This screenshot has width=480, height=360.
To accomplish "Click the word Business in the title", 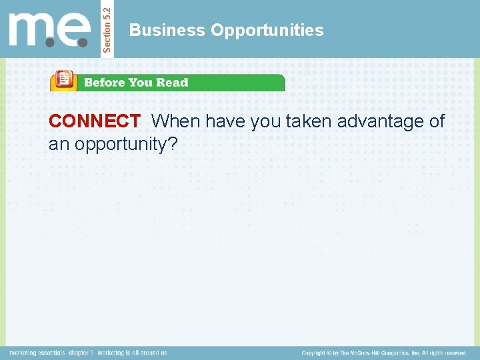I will click(167, 31).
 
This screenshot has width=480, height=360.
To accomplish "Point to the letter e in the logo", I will click(75, 31).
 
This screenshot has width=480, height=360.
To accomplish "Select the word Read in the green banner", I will click(173, 83).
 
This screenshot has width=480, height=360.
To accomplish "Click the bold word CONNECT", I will click(94, 121).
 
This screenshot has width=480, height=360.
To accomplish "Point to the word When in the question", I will click(177, 121).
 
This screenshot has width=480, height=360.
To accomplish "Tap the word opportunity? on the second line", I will click(126, 143).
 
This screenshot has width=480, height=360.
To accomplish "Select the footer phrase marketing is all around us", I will click(133, 353).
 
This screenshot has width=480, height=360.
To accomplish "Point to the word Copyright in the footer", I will click(316, 353).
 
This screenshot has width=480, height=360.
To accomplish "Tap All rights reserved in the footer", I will click(443, 353).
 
